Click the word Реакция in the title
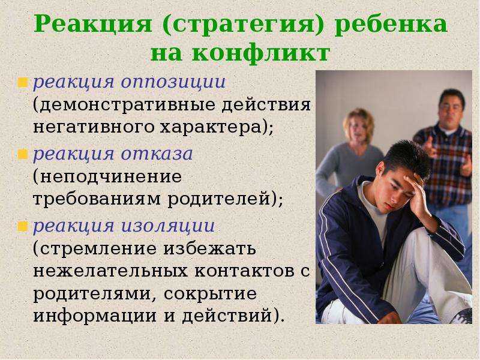93,24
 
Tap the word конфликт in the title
261,53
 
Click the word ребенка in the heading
391,24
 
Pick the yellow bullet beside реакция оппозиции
23,82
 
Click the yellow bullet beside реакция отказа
23,154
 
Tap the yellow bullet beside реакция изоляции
23,227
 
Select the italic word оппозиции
173,83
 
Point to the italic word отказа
157,154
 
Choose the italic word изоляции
168,226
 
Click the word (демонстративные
124,105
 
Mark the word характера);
217,127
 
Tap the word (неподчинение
107,177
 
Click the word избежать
209,248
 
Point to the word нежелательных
110,271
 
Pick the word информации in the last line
95,316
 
